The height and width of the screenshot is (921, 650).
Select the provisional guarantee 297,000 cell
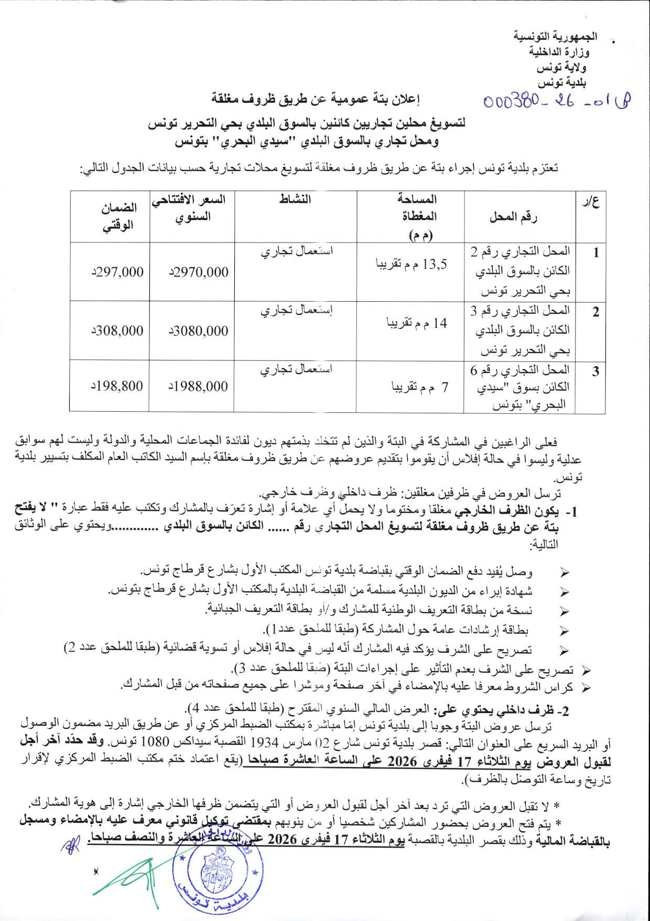[116, 272]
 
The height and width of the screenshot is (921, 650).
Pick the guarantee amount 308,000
[116, 331]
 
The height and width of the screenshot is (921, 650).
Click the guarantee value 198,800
[116, 386]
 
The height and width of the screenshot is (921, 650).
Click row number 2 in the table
[595, 312]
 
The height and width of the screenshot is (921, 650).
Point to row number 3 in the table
[595, 372]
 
